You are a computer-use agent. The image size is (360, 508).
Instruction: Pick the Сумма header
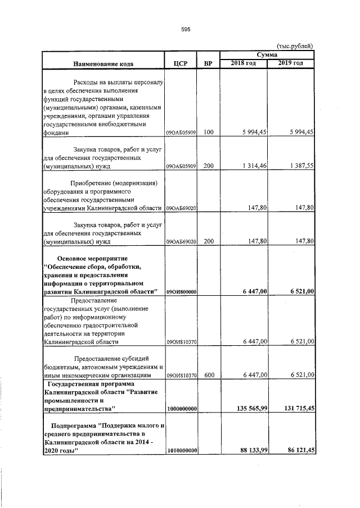pyautogui.click(x=267, y=54)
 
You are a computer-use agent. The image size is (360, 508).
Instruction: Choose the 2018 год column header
pyautogui.click(x=244, y=62)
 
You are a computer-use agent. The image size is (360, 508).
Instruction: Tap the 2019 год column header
pyautogui.click(x=291, y=62)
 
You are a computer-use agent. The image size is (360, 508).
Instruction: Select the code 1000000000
pyautogui.click(x=181, y=410)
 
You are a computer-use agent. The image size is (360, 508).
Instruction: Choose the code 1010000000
pyautogui.click(x=181, y=450)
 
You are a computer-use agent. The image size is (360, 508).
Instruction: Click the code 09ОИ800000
pyautogui.click(x=181, y=291)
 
